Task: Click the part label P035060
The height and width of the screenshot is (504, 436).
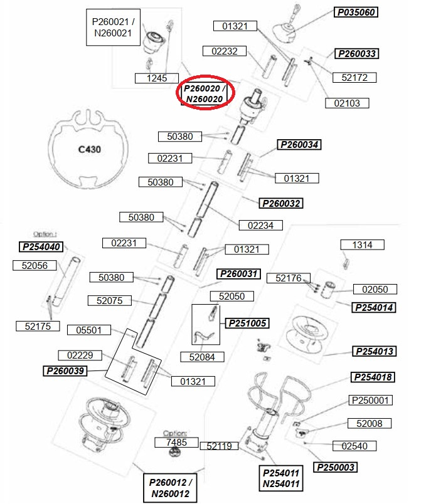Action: (356, 12)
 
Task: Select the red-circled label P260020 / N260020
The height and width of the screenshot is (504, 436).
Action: (205, 93)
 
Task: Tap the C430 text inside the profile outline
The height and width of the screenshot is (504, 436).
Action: (90, 149)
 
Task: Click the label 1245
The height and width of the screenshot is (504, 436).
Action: (157, 78)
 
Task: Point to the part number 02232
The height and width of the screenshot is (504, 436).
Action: (225, 51)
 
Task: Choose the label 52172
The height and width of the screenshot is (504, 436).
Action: (354, 78)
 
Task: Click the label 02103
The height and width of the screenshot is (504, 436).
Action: (347, 103)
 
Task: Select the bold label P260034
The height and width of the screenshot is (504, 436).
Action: (299, 145)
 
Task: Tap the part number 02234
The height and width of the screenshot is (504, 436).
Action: (260, 225)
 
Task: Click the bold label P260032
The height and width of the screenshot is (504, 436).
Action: (281, 203)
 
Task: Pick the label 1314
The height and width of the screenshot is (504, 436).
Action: (363, 245)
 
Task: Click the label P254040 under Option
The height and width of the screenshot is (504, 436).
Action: (41, 246)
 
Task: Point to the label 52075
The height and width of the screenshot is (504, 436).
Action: (110, 300)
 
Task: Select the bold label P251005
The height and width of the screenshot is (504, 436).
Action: (247, 323)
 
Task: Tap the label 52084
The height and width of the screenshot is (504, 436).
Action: (202, 357)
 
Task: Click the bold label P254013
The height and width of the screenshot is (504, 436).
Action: (375, 351)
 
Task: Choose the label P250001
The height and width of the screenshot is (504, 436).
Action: (370, 400)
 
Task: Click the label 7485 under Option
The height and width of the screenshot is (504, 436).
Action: (176, 443)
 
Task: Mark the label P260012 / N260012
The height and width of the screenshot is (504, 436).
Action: (170, 488)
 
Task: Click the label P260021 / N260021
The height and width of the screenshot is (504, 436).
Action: (113, 28)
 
